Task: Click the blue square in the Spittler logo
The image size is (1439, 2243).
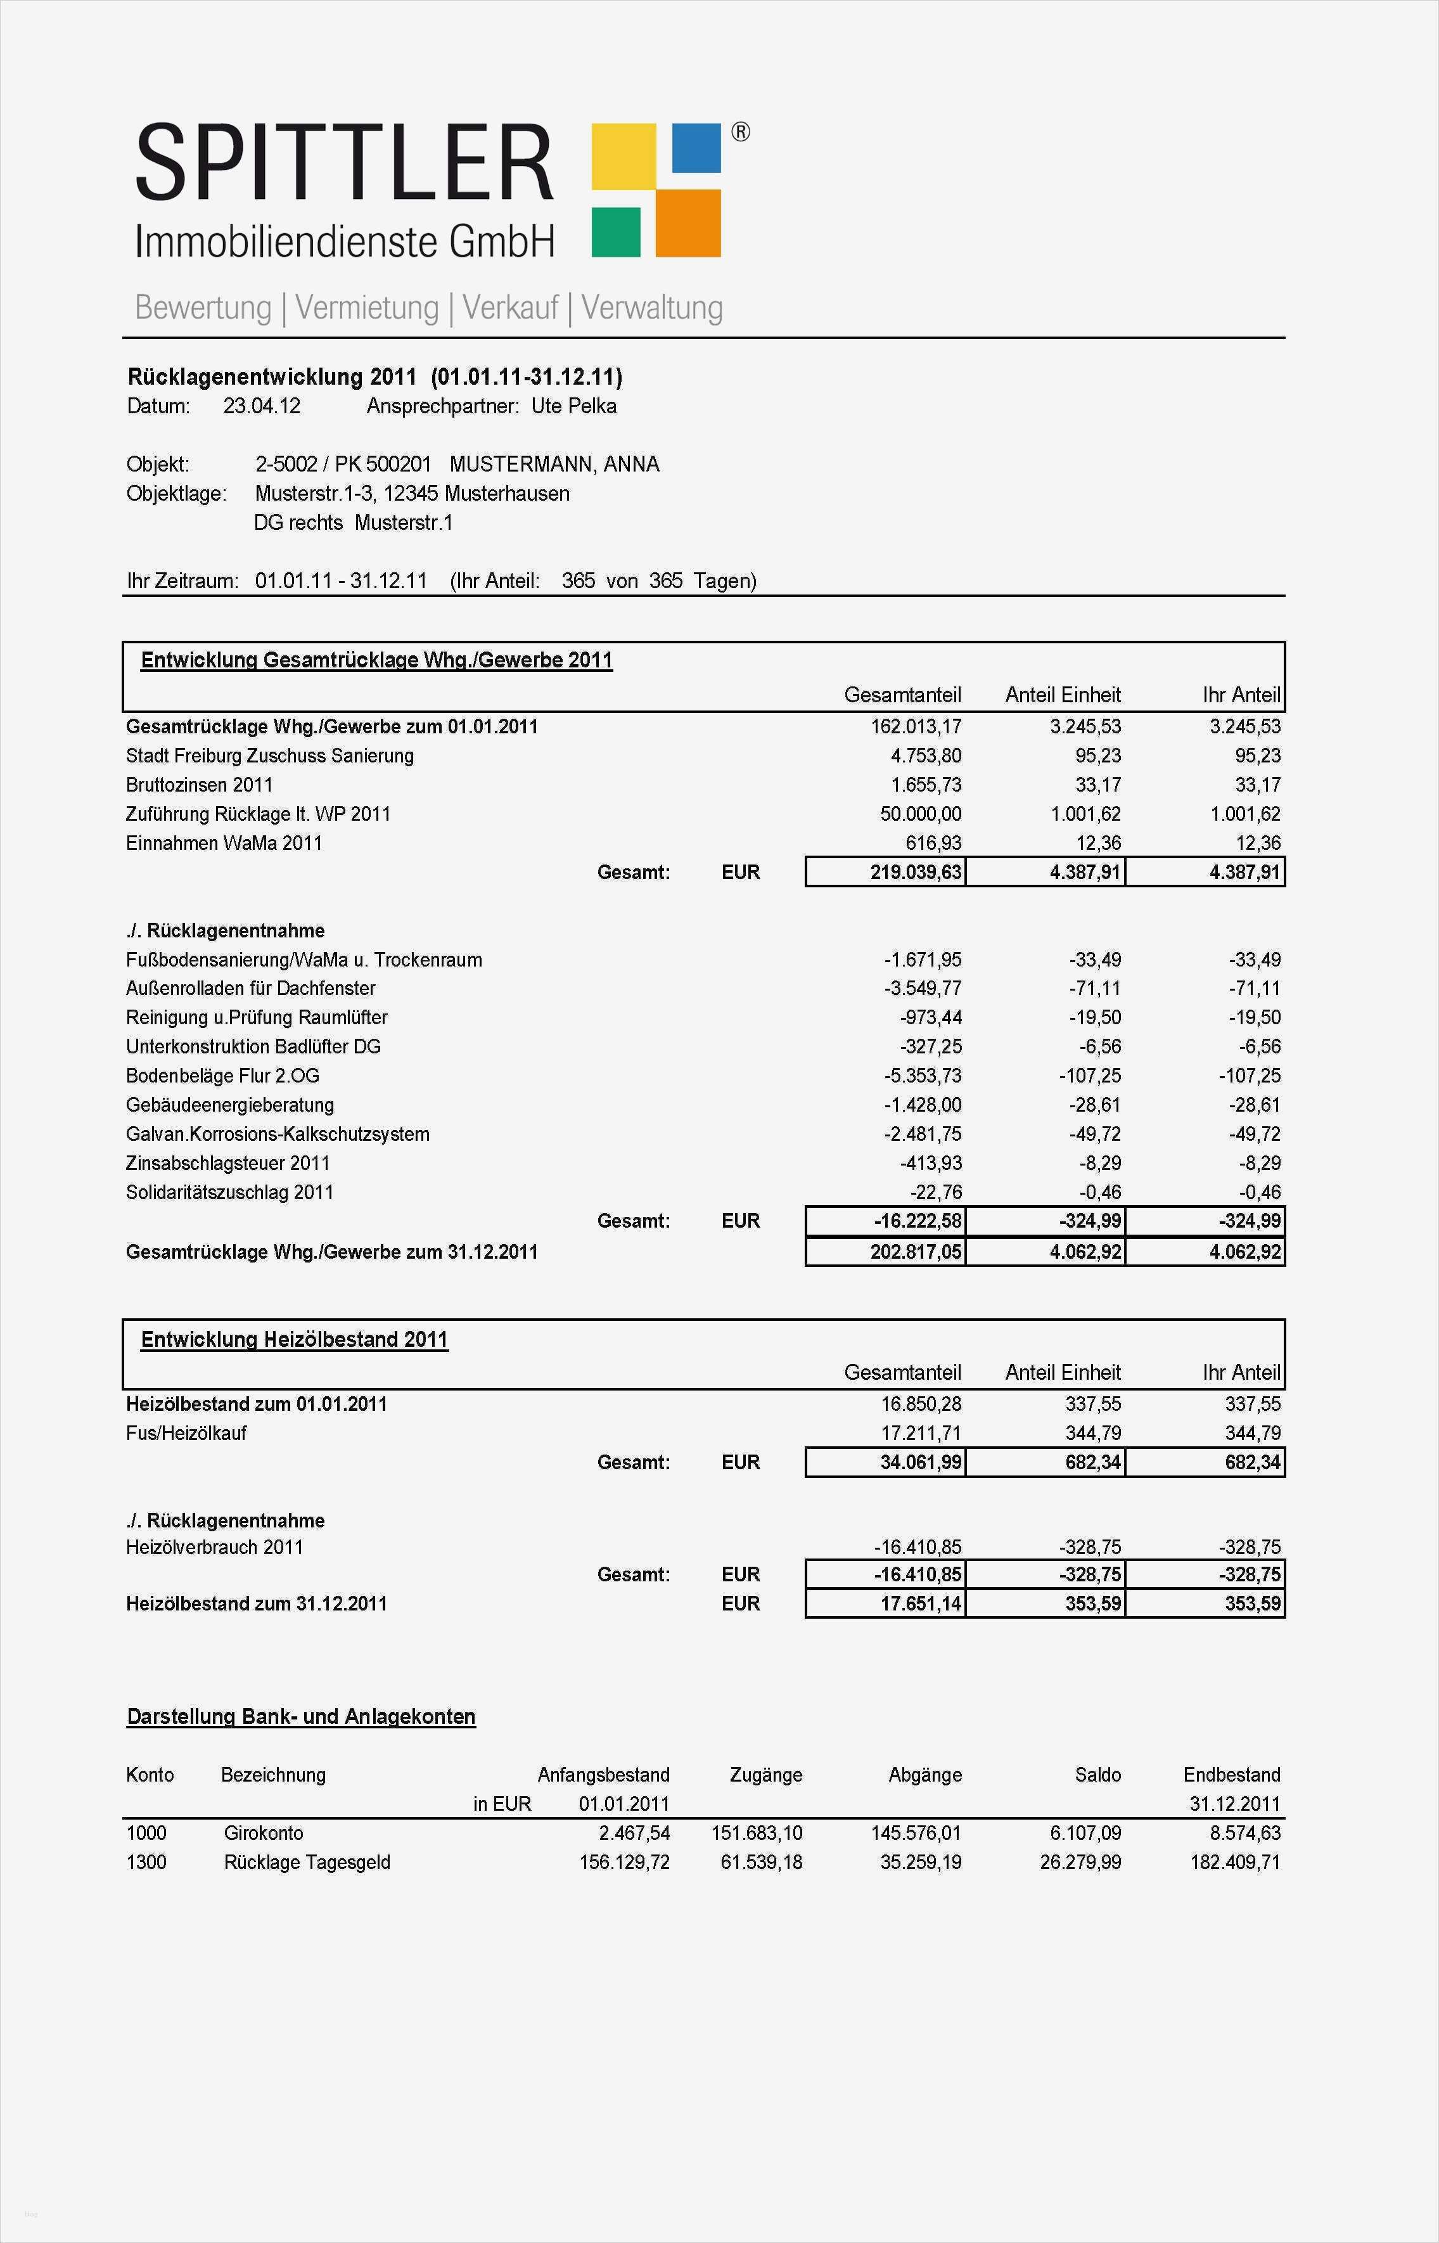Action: coord(696,148)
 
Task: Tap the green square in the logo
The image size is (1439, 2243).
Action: coord(616,232)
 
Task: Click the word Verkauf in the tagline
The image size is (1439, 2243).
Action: coord(510,307)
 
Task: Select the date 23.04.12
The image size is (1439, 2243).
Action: coord(262,406)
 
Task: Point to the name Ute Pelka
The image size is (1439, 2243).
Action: coord(573,406)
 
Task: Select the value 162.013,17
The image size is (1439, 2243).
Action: coord(916,727)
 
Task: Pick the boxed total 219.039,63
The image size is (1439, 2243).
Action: coord(916,873)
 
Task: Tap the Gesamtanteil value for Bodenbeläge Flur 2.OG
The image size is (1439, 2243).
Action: coord(923,1076)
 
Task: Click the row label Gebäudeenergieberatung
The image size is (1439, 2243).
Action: coord(230,1105)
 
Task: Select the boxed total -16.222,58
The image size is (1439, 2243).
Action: coord(918,1221)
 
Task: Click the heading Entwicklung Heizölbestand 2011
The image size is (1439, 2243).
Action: coord(295,1339)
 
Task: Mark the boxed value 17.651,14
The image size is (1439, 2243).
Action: coord(921,1604)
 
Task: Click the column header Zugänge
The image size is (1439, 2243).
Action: coord(765,1775)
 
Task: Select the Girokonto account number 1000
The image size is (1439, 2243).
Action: coord(147,1833)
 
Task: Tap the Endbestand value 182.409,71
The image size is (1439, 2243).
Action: coord(1234,1861)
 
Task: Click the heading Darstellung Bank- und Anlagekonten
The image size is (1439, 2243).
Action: coord(301,1717)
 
